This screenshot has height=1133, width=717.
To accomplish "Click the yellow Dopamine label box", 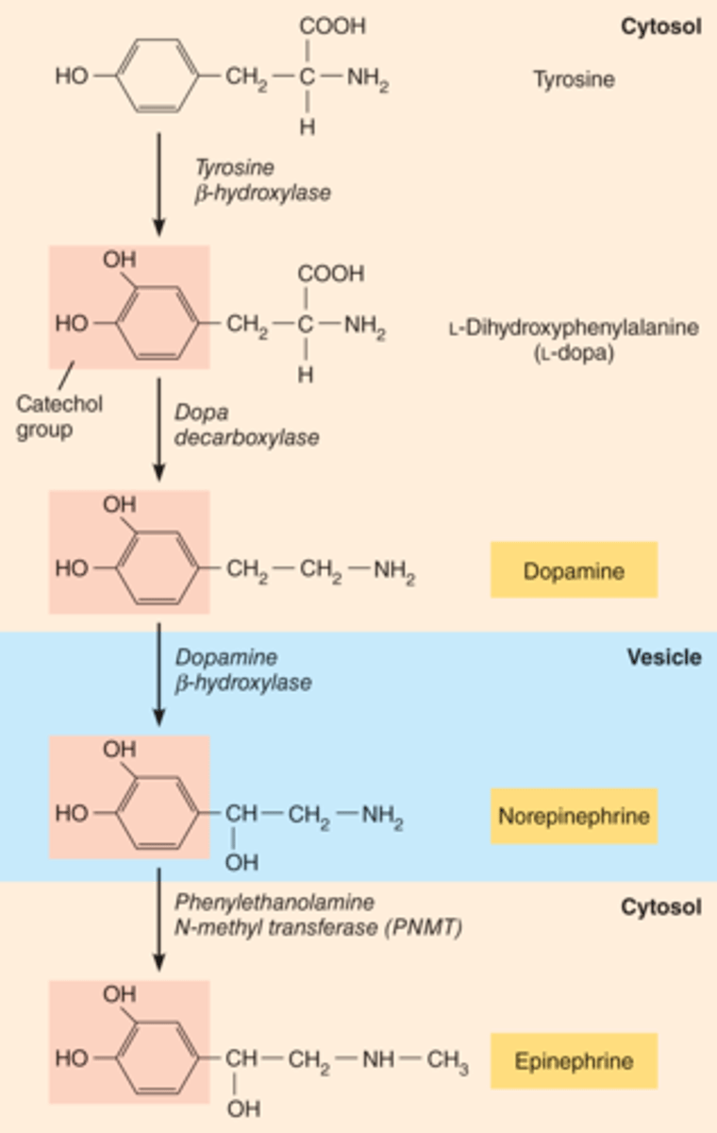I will click(x=574, y=570).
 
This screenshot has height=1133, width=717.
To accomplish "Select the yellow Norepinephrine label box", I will click(x=574, y=815).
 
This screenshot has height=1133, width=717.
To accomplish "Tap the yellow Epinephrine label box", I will click(x=574, y=1060).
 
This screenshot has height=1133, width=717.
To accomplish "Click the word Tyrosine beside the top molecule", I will click(x=574, y=79).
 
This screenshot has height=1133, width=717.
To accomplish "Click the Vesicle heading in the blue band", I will click(x=664, y=657).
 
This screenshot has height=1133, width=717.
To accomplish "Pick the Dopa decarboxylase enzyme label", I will click(x=246, y=426).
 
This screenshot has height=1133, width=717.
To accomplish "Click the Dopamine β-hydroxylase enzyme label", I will click(x=242, y=669).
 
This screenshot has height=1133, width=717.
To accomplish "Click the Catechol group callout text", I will click(x=59, y=415).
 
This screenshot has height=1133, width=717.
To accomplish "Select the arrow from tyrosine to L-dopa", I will click(x=158, y=184).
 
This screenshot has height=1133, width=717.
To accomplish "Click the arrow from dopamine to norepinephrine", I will click(x=158, y=672).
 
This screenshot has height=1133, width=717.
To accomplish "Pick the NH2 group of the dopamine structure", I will click(x=394, y=570).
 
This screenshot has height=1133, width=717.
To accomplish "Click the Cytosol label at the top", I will click(x=660, y=26).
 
